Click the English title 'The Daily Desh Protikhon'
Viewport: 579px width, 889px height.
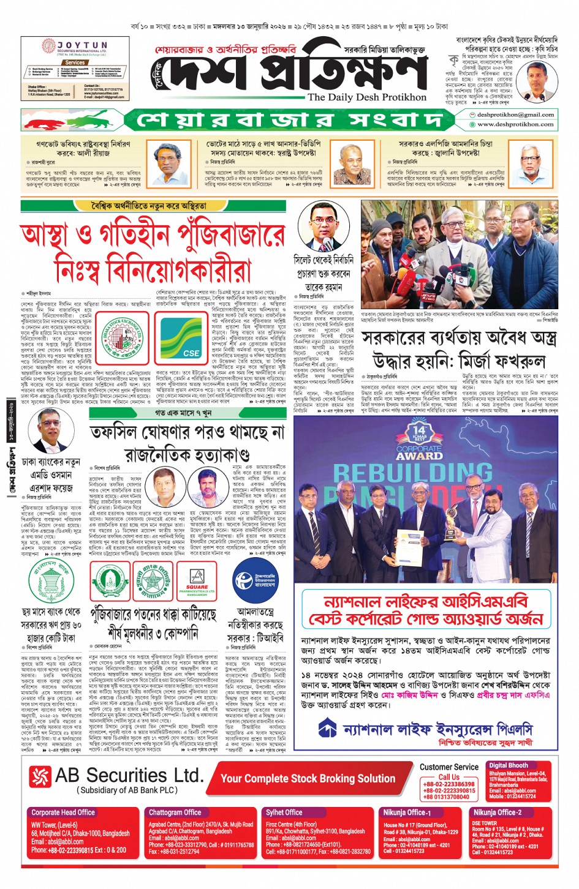[367, 97]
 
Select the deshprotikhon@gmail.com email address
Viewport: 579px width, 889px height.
[515, 114]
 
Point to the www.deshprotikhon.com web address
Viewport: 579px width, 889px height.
[515, 124]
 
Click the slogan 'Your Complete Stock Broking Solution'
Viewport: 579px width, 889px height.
[308, 778]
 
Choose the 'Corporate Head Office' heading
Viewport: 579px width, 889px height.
[63, 812]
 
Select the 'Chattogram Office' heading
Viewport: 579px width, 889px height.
[175, 812]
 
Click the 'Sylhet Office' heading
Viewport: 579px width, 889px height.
[284, 812]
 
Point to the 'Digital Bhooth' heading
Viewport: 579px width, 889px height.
[508, 765]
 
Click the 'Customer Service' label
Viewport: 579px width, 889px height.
[448, 767]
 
